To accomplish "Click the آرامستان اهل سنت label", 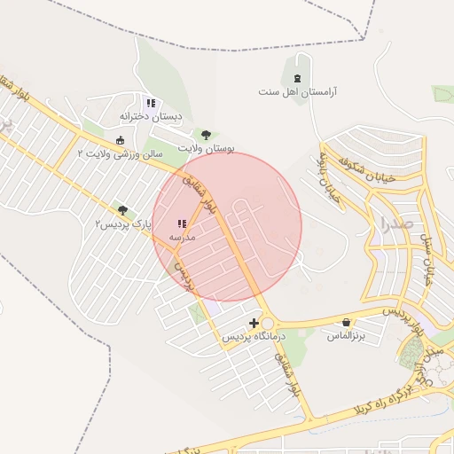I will click(303, 91).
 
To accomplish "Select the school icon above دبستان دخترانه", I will click(151, 102).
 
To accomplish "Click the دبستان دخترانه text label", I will click(151, 116).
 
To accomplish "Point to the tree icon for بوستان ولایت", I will click(206, 135).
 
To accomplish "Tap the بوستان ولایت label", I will click(206, 149).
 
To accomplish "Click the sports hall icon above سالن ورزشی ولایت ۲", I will click(121, 140).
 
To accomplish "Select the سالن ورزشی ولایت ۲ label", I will click(121, 154).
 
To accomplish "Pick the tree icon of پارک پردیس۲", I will click(122, 210).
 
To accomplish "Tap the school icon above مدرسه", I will click(182, 223).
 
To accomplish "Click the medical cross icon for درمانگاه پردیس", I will click(254, 323).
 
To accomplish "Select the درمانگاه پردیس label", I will click(255, 337).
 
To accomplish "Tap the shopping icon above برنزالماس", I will click(345, 322).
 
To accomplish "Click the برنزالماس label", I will click(347, 336).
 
